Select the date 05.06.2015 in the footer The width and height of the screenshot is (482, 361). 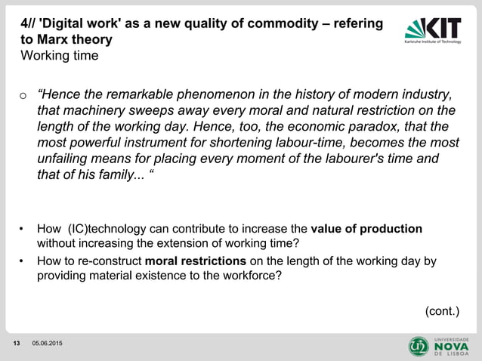coord(47,345)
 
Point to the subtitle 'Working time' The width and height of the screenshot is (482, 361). coord(60,56)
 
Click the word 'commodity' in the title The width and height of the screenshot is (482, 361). coord(288,23)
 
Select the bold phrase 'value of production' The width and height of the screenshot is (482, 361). coord(366,229)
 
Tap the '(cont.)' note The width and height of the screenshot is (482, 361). coord(442,310)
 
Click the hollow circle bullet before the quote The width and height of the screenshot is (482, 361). coord(24,96)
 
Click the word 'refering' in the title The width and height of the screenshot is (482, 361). coord(357,23)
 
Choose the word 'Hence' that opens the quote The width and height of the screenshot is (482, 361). coord(63,94)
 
